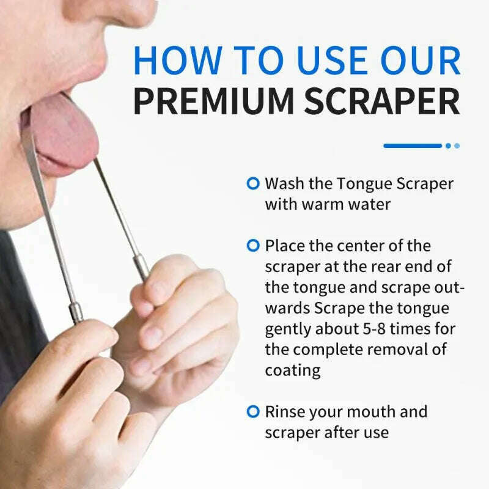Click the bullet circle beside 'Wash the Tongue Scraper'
[252, 183]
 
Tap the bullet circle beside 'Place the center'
[252, 245]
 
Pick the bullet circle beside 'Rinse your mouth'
[252, 411]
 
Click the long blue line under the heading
[412, 145]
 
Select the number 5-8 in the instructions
[357, 329]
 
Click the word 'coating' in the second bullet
[292, 370]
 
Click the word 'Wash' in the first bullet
[284, 183]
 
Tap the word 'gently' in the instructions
[287, 329]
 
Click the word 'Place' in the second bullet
[284, 245]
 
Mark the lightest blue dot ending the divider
[457, 145]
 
